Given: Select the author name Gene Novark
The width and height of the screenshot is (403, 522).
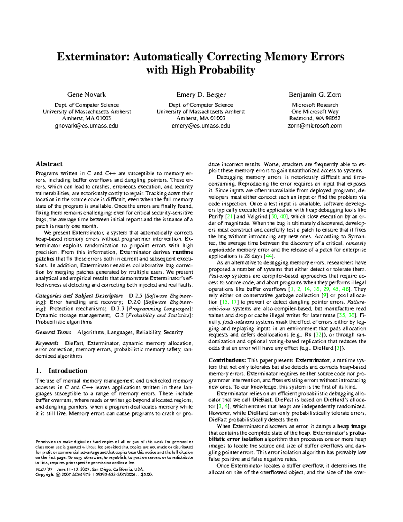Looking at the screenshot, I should [87, 94].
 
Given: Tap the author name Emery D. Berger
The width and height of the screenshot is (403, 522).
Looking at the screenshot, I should [201, 94].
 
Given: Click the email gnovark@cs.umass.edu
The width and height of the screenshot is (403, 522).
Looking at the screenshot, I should [87, 126].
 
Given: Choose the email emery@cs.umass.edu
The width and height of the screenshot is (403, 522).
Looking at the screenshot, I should [201, 126].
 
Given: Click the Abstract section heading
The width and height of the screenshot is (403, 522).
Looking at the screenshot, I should [49, 164].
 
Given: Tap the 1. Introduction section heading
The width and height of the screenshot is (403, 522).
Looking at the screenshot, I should [61, 371].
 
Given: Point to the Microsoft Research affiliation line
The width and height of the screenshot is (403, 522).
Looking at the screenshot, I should [315, 105].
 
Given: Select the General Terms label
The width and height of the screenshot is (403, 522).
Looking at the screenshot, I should [53, 332].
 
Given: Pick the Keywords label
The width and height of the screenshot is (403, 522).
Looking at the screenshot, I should [47, 343].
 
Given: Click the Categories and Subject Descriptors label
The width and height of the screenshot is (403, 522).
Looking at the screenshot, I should [79, 296].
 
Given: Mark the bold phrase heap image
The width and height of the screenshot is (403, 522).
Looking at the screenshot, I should [352, 426].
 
